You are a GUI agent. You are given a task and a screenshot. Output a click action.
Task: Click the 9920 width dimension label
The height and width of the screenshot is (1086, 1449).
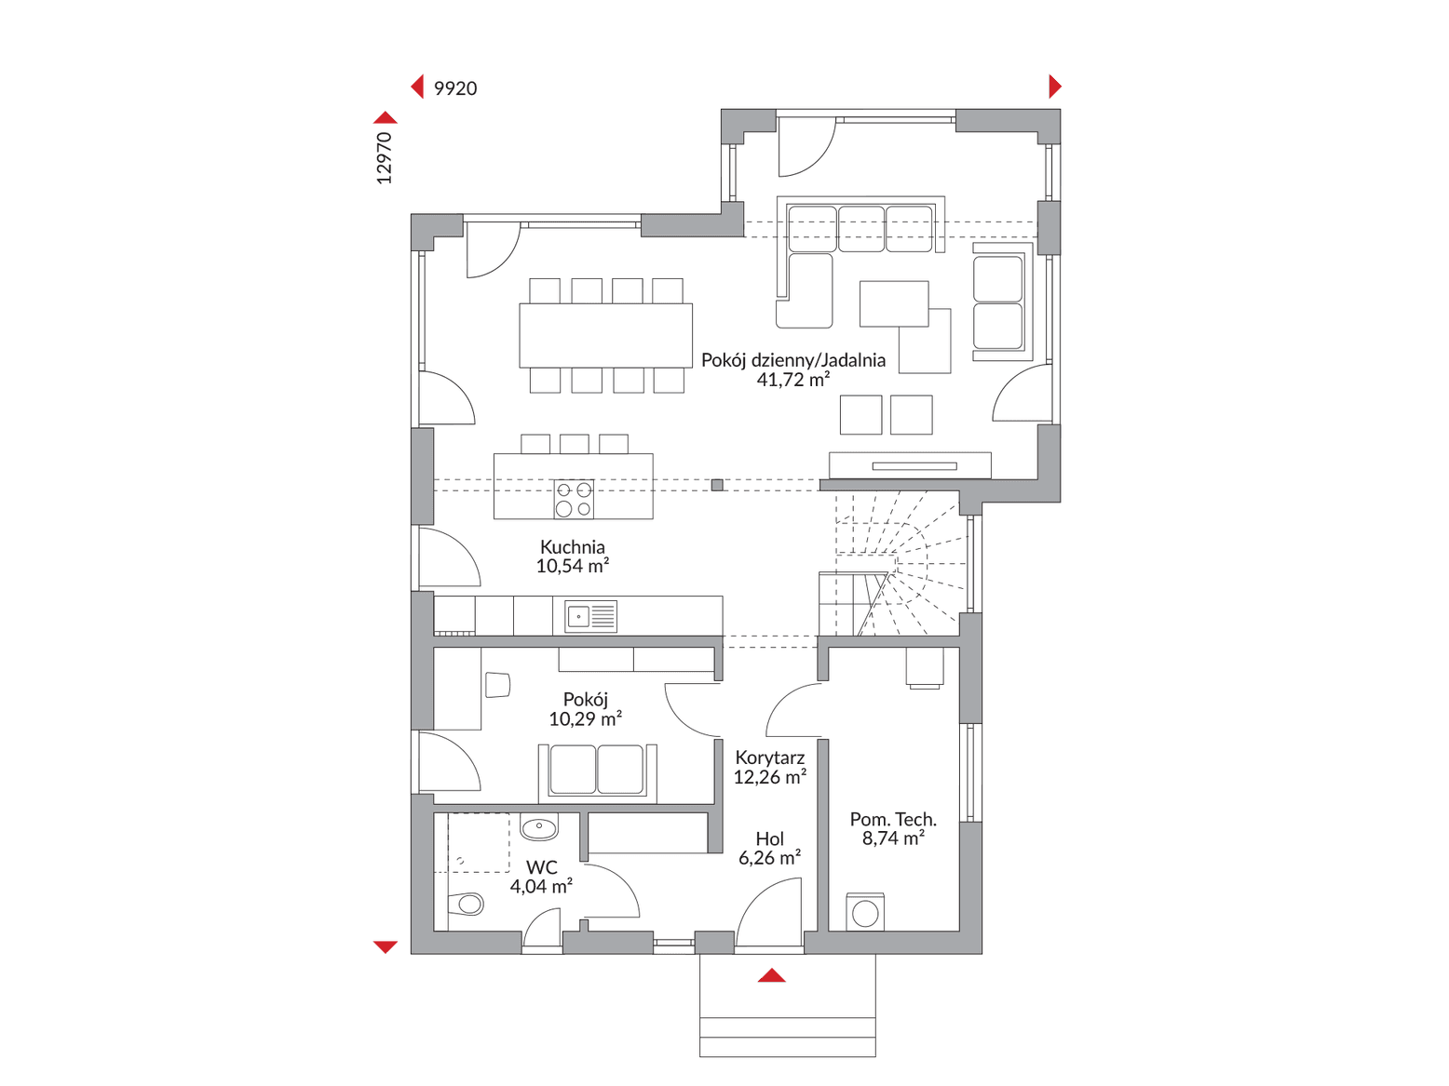(454, 88)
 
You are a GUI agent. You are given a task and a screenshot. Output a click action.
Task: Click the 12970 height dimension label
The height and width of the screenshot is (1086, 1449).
(385, 158)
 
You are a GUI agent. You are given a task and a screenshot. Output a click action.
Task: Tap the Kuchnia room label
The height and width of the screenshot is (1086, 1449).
(573, 546)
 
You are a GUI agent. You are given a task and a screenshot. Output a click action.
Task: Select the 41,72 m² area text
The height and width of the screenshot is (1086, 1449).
(792, 379)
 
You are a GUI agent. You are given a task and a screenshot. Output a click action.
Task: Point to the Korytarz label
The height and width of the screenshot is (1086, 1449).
(770, 758)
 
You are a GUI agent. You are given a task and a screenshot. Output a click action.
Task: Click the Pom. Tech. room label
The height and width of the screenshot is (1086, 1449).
(893, 819)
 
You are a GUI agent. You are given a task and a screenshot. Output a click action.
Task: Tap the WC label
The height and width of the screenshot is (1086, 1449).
(541, 867)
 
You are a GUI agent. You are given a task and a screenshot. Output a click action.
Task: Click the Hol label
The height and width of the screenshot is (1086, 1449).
(770, 838)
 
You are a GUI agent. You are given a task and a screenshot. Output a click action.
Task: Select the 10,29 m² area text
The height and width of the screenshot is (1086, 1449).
(586, 718)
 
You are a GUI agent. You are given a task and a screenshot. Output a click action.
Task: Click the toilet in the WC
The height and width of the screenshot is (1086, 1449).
(466, 904)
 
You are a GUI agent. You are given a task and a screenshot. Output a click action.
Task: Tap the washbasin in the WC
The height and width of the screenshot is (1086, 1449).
(539, 827)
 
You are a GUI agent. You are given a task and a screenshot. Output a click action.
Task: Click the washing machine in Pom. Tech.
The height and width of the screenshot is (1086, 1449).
(865, 912)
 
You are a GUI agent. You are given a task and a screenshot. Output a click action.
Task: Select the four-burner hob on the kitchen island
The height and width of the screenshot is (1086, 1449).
(573, 499)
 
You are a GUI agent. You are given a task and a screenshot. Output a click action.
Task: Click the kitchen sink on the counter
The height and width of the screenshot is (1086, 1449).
(590, 616)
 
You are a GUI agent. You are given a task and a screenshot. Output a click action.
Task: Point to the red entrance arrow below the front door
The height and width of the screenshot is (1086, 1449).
(771, 975)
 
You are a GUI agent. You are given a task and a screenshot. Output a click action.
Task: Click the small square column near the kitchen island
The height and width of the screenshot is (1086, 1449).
(717, 486)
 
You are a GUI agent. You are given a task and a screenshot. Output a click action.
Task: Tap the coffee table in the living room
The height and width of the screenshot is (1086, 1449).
(894, 304)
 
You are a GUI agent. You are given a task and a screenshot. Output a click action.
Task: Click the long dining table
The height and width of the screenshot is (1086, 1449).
(605, 335)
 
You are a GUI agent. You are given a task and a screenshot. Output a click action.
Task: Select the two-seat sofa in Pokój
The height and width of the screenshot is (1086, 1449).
(597, 772)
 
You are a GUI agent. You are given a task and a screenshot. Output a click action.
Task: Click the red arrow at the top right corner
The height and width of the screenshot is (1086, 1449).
(1054, 87)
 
